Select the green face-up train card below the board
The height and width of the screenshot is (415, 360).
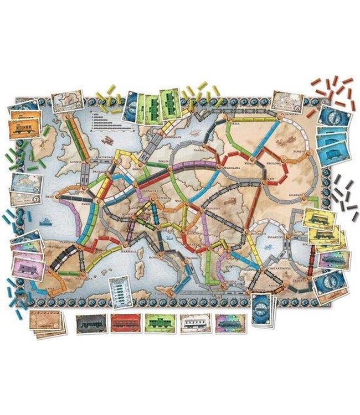[160, 324]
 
